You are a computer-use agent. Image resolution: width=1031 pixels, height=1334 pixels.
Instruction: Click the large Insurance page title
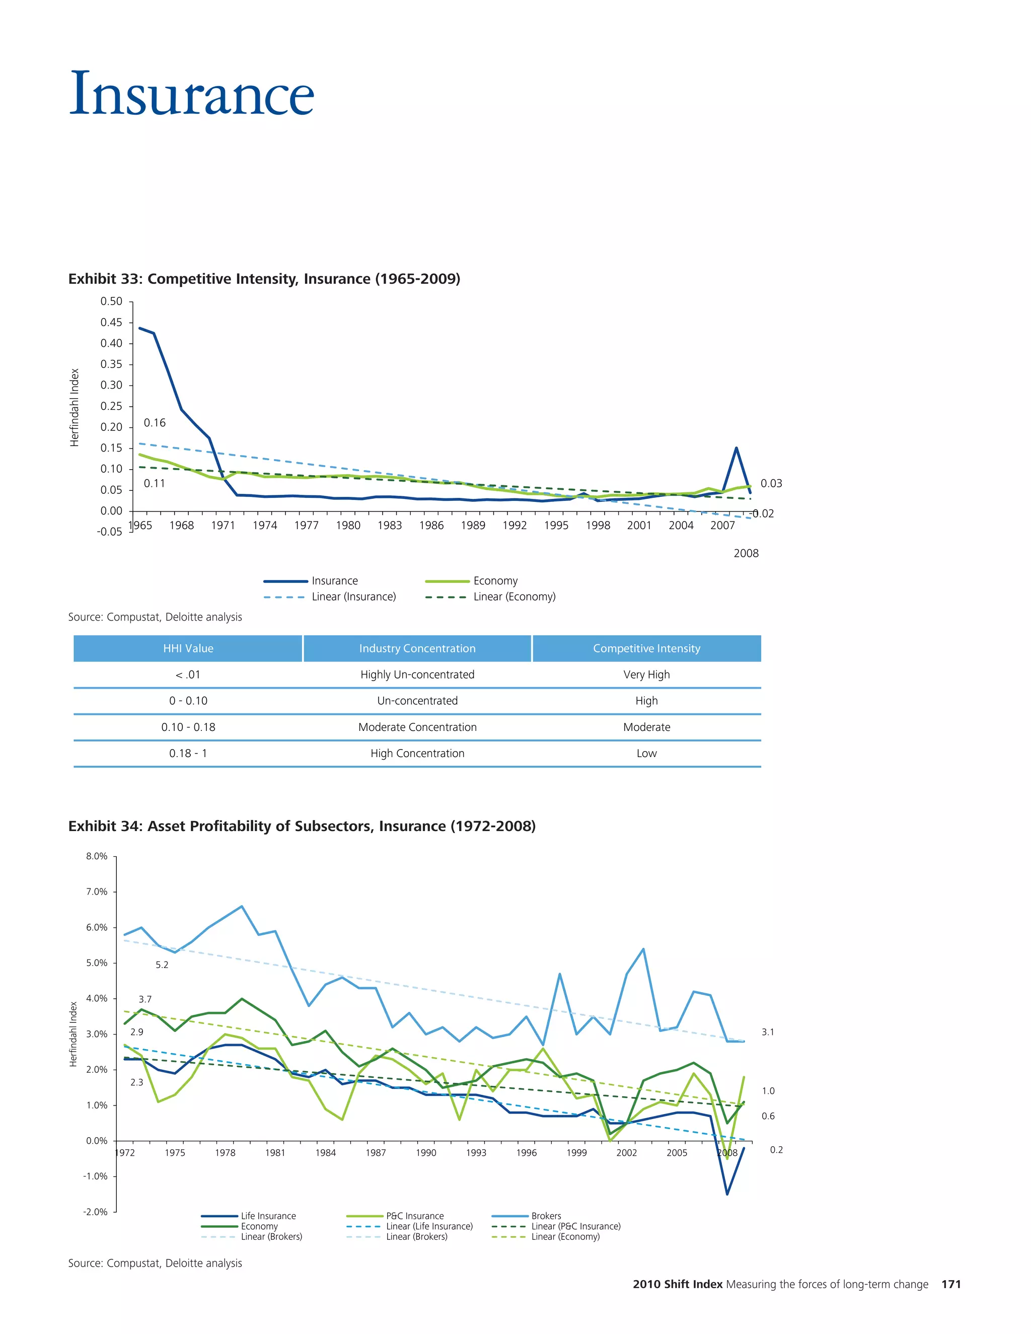tap(192, 94)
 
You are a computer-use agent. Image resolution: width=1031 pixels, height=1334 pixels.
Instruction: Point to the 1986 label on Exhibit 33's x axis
tap(431, 525)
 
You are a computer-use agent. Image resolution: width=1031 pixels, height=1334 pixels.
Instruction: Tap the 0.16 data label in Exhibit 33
tap(155, 423)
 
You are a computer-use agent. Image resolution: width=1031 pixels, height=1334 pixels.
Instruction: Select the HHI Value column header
tap(188, 649)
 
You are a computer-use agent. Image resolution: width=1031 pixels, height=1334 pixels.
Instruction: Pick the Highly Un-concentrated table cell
tap(417, 675)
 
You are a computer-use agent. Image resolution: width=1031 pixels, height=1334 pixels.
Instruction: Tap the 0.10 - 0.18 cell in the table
tap(188, 727)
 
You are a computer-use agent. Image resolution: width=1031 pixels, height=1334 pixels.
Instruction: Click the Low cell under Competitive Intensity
tap(646, 754)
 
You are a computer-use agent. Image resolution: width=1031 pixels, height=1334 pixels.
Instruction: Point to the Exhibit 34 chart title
tap(302, 827)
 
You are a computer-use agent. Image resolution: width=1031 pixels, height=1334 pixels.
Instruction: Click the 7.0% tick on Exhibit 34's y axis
tap(97, 892)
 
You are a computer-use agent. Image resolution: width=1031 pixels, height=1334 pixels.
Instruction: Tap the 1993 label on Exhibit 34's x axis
tap(476, 1153)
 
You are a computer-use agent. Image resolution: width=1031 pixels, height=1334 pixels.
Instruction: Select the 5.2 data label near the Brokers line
tap(162, 965)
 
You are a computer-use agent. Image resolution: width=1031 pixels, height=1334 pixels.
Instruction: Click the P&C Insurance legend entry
tap(415, 1216)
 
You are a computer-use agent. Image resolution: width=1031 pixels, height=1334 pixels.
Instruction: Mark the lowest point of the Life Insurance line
tap(727, 1194)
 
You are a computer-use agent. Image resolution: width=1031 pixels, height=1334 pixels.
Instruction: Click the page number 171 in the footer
tap(951, 1285)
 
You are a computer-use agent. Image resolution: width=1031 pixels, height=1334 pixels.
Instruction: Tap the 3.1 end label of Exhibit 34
tap(768, 1032)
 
